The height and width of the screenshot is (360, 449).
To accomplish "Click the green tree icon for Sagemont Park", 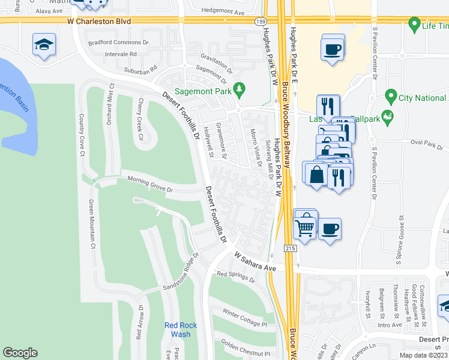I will pos(240,88).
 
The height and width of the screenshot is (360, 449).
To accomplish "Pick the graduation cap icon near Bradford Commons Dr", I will pos(44,46).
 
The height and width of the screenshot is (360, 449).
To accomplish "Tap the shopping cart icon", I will pos(306,227).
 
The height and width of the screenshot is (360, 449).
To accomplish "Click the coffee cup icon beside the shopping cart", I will pos(330,228).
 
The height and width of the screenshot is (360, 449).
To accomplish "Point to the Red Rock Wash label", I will pos(178,330).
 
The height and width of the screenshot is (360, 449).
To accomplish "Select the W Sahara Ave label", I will pos(255,262).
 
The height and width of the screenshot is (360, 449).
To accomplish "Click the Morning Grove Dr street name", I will pos(149,183).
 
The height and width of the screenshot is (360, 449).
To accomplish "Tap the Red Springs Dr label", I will pos(236,277).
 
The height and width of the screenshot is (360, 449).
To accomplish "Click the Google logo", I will pos(20,353).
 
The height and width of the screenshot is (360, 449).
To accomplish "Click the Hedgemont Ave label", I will pos(223,11).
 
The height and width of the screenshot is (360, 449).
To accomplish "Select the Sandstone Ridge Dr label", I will pos(181,275).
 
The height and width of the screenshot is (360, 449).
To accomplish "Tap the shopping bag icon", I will pos(316,175).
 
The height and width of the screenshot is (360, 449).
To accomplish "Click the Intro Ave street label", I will pos(390,325).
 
